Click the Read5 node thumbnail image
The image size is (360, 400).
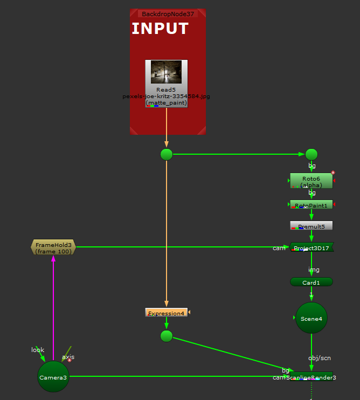click(x=166, y=72)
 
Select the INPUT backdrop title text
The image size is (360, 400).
click(x=160, y=29)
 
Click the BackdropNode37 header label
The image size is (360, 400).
click(x=167, y=13)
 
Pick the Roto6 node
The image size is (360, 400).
click(x=311, y=181)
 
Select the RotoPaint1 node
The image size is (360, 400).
click(x=311, y=205)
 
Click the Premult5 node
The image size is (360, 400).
click(x=311, y=226)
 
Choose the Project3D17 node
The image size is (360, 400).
click(x=311, y=247)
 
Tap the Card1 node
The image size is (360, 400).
click(x=311, y=282)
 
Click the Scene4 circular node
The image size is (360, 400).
click(x=311, y=318)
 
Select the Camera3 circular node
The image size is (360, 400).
click(x=53, y=377)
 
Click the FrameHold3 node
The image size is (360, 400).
click(x=53, y=247)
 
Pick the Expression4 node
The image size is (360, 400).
click(x=166, y=313)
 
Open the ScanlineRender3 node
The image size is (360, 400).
click(x=311, y=377)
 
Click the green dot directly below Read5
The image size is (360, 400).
click(x=166, y=154)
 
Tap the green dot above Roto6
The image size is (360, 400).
click(x=311, y=154)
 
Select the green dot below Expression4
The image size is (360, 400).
click(x=166, y=336)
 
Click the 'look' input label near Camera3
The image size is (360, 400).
click(x=37, y=350)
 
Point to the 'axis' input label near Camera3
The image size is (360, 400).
click(x=68, y=357)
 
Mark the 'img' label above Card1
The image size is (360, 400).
click(x=314, y=269)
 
